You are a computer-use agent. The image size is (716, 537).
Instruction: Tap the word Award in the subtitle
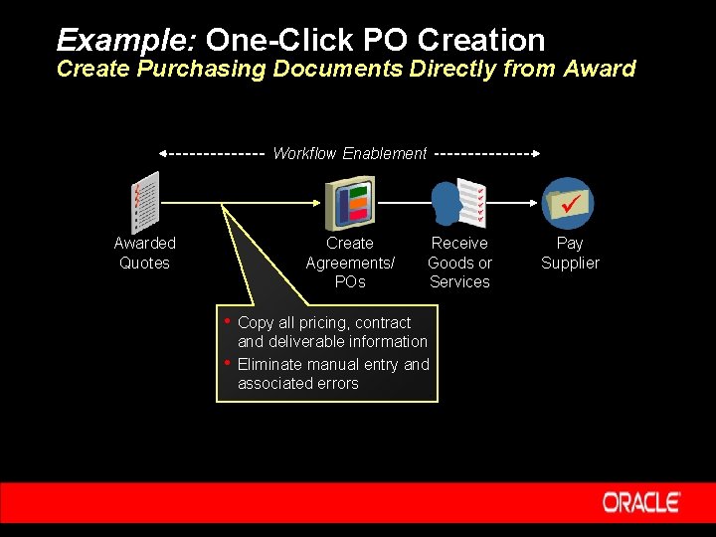point(599,69)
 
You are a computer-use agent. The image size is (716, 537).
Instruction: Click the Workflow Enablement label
point(349,153)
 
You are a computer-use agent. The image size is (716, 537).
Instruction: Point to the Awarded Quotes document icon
point(145,202)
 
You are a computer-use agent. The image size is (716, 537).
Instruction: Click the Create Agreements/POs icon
point(350,202)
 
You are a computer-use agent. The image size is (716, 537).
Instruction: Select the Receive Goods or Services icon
point(459,202)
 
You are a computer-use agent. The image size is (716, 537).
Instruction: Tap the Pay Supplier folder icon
point(569,202)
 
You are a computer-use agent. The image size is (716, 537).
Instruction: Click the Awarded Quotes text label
point(144,253)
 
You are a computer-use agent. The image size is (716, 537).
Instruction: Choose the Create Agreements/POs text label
point(350,263)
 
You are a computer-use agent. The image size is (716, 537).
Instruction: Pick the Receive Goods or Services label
point(459,263)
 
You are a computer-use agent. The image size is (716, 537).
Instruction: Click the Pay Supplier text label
point(570,253)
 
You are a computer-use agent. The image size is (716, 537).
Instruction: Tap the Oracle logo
point(641,502)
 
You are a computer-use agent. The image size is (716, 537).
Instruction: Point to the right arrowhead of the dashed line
point(536,154)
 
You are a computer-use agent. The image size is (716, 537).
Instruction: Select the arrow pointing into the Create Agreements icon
point(318,202)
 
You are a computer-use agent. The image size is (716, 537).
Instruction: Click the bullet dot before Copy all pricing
point(228,320)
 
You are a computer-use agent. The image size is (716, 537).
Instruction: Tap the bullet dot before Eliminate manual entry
point(228,362)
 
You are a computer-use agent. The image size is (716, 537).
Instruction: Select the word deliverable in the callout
point(307,342)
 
